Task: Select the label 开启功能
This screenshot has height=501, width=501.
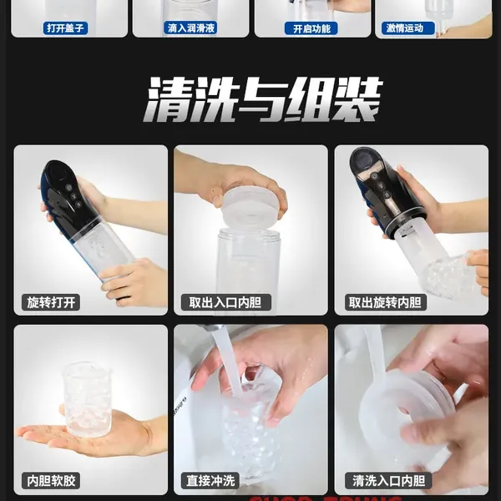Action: (x=312, y=28)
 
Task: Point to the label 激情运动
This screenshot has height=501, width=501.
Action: (x=409, y=28)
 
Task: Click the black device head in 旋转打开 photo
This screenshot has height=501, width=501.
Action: (x=67, y=195)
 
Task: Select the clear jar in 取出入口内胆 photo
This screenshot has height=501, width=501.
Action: (x=248, y=259)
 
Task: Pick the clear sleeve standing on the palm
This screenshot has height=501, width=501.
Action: (x=87, y=398)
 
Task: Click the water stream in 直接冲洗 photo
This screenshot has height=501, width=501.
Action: (x=226, y=359)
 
